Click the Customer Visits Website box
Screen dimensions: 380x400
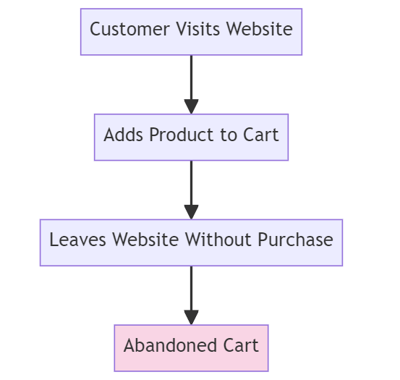click(x=191, y=32)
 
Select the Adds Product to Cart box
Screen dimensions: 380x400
click(x=191, y=137)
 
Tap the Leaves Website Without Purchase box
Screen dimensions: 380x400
click(x=191, y=242)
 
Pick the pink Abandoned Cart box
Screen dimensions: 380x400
click(x=191, y=347)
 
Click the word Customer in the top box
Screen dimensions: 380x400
click(x=124, y=30)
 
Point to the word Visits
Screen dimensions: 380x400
click(x=192, y=30)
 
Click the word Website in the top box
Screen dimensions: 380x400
click(x=259, y=30)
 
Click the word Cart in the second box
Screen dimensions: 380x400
click(x=263, y=135)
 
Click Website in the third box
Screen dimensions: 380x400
click(x=142, y=240)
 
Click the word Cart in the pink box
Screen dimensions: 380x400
click(x=242, y=345)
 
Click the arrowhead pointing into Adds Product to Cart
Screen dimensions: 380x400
click(x=191, y=106)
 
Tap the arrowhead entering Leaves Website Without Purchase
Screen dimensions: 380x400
click(x=191, y=211)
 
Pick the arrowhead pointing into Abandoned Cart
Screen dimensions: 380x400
click(x=191, y=317)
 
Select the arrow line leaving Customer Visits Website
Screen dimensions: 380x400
click(x=191, y=76)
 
